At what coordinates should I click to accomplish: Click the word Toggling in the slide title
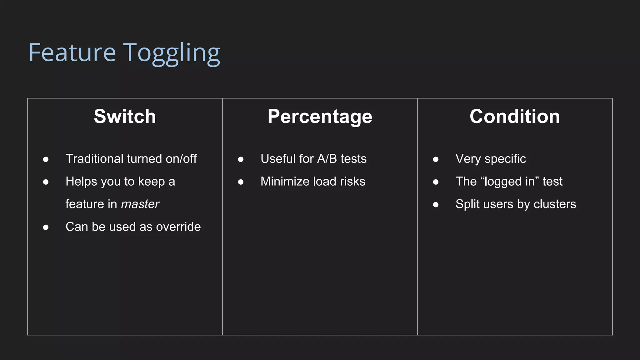(172, 53)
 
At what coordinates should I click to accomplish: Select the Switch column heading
(125, 117)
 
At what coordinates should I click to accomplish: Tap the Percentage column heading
(320, 117)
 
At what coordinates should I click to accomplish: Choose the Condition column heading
(515, 117)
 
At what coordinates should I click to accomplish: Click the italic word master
(140, 204)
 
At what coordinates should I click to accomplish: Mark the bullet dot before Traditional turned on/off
(46, 159)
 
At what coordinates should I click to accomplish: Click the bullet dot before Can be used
(46, 227)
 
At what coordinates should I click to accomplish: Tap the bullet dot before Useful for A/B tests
(241, 159)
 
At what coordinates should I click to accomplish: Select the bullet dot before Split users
(436, 205)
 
